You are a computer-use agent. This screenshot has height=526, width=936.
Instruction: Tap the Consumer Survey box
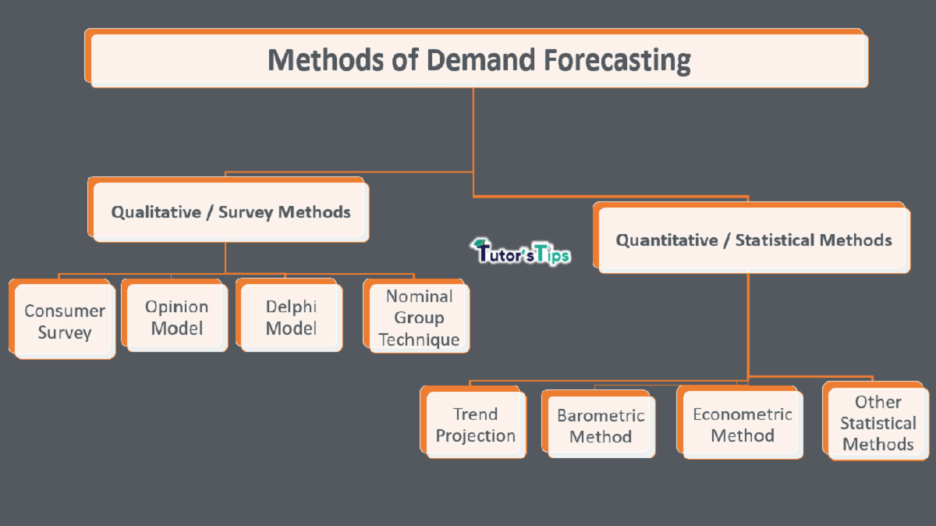pos(65,322)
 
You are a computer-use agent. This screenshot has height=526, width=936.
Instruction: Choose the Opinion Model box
pos(176,317)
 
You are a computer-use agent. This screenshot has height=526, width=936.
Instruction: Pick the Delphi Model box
pos(290,317)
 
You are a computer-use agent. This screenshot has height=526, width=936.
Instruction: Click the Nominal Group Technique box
pos(419,318)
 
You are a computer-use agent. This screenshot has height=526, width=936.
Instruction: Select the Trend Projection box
pos(475,425)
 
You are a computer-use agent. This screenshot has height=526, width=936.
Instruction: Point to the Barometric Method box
pos(600,425)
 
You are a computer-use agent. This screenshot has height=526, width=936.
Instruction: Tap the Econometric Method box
pos(742,425)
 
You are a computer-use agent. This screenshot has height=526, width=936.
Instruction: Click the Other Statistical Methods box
pos(877,423)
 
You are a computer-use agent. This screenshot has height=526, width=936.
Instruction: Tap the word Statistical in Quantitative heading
pos(774,240)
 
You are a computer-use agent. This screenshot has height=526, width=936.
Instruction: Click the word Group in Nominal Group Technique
pos(419,318)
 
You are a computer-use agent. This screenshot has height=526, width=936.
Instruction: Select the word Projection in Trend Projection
pos(476,436)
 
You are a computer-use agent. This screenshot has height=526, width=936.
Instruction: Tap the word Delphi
pos(291,306)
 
